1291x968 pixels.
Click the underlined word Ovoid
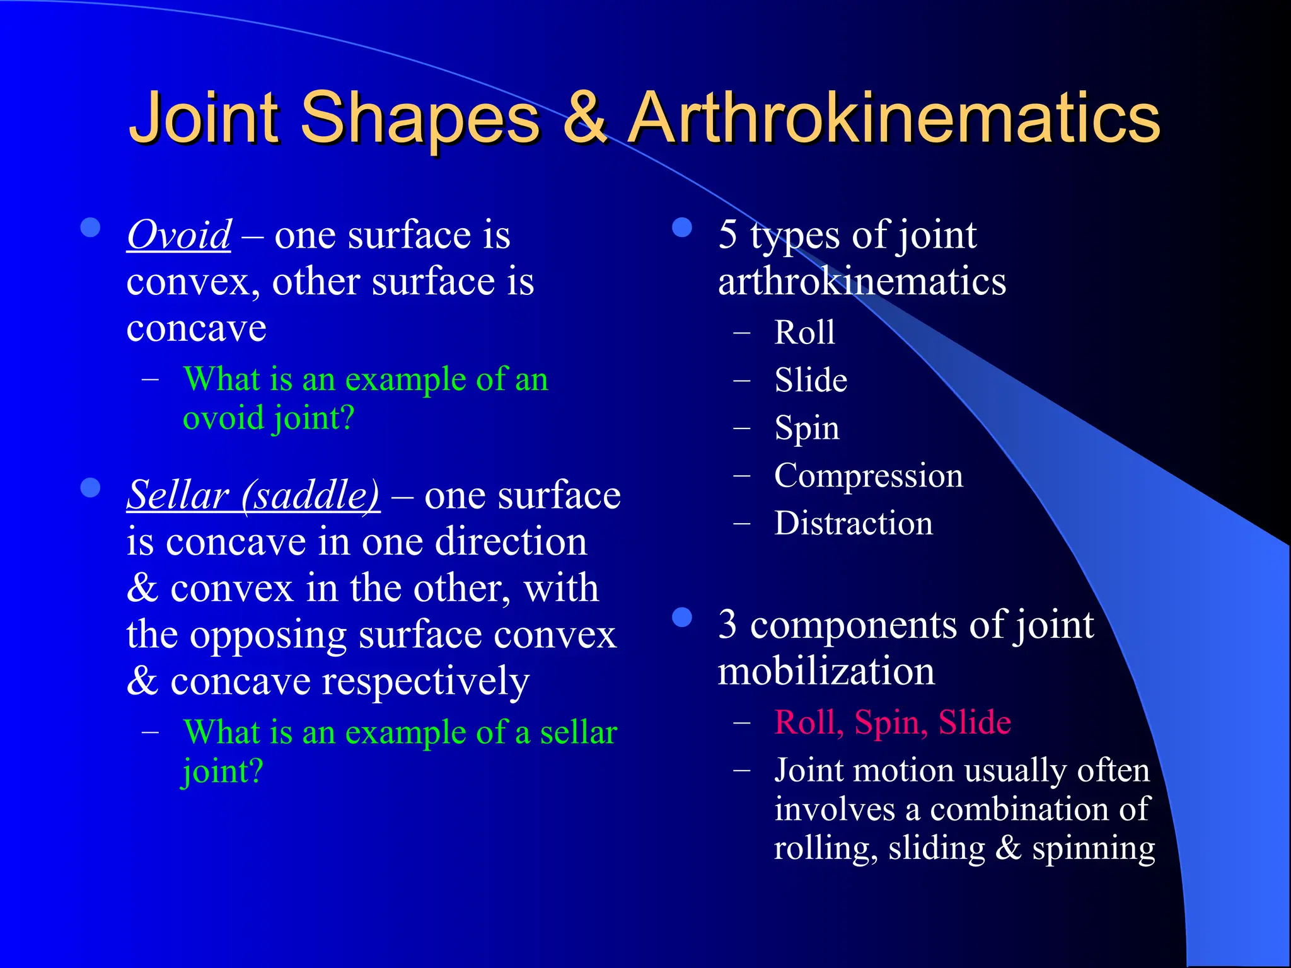[179, 236]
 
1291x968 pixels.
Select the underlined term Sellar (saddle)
[253, 495]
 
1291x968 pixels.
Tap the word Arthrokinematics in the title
[895, 118]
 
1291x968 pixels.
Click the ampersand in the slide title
[584, 118]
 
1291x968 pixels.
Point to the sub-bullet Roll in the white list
[804, 333]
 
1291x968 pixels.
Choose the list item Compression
[869, 476]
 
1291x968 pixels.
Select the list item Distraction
[854, 524]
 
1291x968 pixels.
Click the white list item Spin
[807, 429]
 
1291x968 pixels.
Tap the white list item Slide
[811, 381]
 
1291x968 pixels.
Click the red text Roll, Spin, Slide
[893, 722]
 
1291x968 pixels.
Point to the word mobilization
[826, 672]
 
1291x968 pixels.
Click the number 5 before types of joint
[727, 234]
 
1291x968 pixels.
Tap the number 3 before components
[727, 625]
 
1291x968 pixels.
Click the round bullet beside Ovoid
[91, 228]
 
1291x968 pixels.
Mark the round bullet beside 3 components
[682, 618]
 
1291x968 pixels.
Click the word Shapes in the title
[420, 118]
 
